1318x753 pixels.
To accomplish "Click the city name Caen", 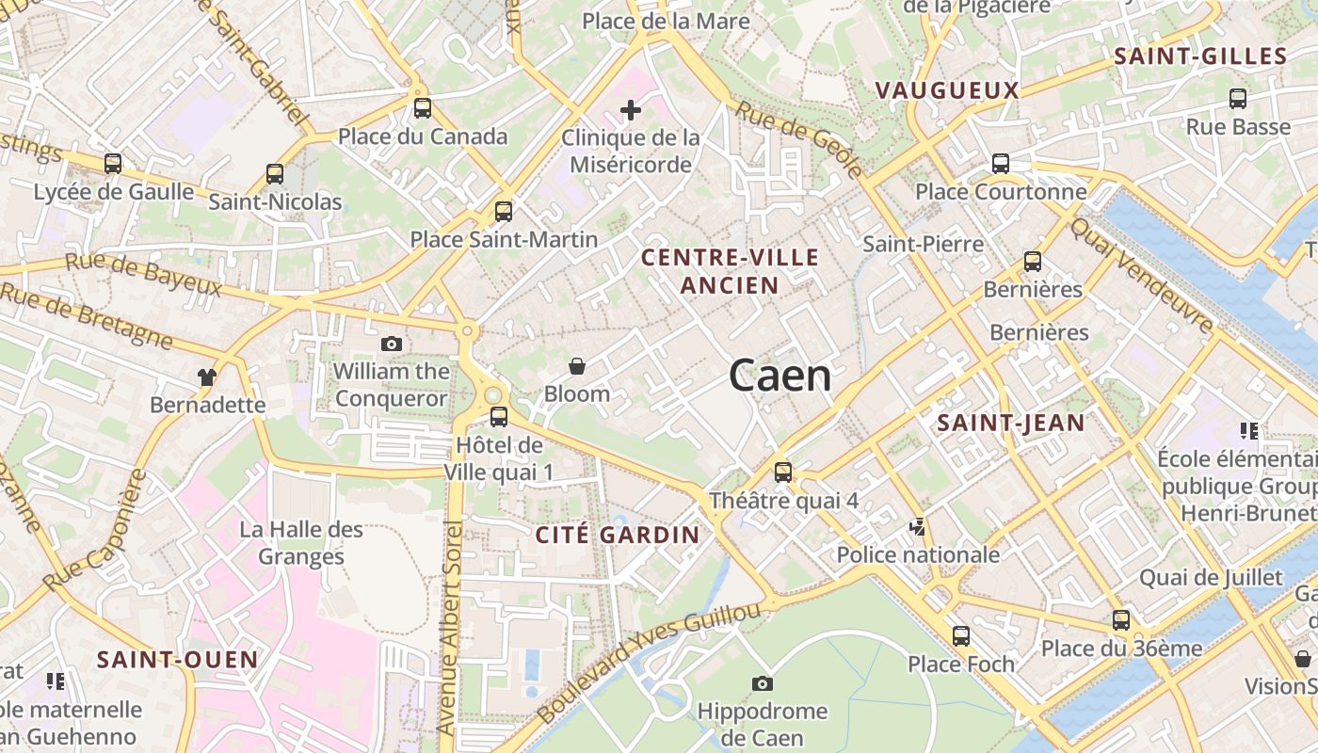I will point(780,376).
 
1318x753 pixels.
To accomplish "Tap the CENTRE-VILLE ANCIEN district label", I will point(730,271).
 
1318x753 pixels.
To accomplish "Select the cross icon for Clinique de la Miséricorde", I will point(631,111).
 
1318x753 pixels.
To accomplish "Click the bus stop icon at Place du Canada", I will point(423,108).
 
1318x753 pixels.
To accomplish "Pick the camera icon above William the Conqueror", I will point(392,344).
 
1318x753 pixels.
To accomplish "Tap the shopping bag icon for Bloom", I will point(577,366).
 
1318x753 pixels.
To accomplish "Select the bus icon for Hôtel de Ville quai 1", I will point(499,417).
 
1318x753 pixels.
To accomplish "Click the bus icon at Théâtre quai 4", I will point(783,473).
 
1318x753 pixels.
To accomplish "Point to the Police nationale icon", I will point(918,527).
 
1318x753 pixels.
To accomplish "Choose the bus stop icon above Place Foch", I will point(961,636).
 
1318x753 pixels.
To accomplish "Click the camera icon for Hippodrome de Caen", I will point(763,683).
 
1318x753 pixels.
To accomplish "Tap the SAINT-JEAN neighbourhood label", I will point(1011,424).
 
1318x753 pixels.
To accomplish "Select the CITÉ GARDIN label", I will point(618,536).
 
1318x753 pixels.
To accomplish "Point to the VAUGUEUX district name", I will point(947,90).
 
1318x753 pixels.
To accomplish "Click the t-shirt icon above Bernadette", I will point(207,377).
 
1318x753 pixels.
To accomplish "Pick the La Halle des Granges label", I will point(301,543).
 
